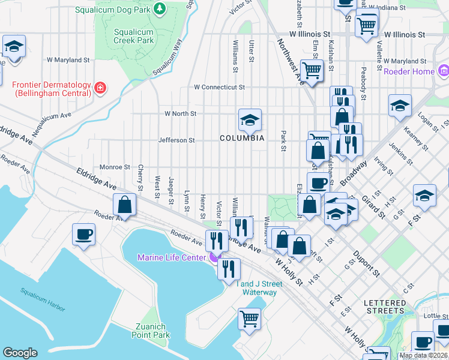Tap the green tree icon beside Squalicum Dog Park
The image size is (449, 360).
coord(159,8)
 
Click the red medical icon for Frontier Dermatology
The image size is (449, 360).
coord(101,89)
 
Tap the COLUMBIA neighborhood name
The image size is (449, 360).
coord(242,138)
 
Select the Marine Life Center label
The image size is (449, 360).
coord(172,258)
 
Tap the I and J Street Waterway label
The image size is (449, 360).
coord(259,288)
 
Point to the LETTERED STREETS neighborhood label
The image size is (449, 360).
coord(385,307)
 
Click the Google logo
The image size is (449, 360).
coord(20,353)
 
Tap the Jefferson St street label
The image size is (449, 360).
coord(176,140)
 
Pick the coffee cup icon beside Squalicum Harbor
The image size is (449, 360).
coord(83,234)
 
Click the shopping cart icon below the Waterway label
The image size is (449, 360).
coord(249,319)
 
